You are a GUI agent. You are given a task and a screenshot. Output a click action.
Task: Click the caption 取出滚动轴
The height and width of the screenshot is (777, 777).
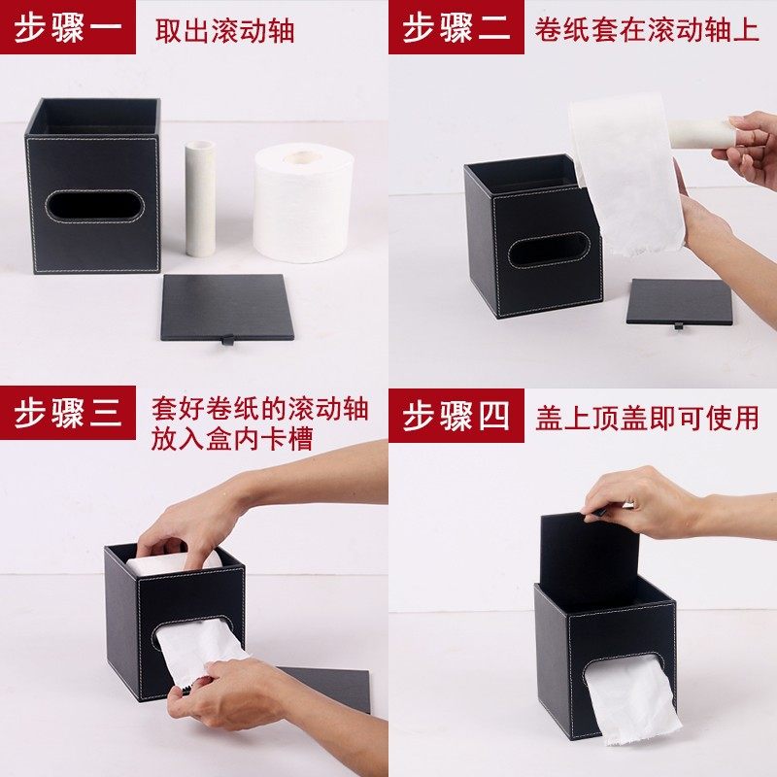click(224, 30)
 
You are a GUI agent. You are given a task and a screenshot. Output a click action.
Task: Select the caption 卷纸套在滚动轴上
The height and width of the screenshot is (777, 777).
click(647, 29)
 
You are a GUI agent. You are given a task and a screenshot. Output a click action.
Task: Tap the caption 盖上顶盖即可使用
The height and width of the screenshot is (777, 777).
click(647, 418)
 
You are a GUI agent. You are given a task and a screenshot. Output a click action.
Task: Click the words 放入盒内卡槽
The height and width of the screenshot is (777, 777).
click(231, 440)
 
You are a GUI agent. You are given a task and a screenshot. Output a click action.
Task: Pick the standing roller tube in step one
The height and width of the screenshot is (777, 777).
click(200, 198)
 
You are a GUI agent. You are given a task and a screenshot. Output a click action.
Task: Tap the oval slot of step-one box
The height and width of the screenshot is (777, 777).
click(94, 204)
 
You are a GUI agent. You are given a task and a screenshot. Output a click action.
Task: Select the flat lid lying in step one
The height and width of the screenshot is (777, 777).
click(227, 306)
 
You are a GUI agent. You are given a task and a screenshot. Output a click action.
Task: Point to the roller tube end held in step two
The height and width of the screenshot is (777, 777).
click(701, 134)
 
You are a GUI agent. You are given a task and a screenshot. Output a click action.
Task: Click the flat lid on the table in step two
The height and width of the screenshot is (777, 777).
click(678, 301)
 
